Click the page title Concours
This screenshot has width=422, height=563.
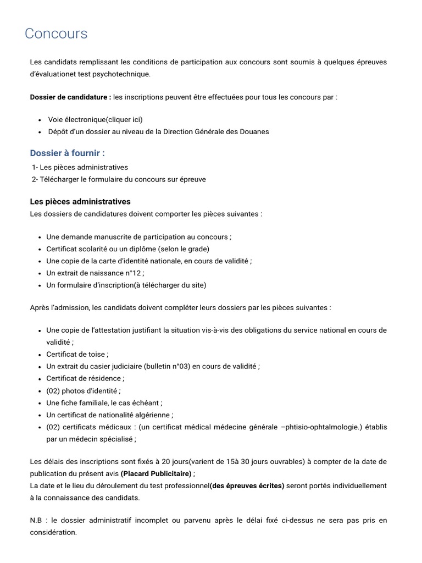pos(56,34)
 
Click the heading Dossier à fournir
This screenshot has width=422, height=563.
pos(67,153)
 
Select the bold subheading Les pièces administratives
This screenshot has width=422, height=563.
pos(80,202)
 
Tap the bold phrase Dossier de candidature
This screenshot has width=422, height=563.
pos(70,97)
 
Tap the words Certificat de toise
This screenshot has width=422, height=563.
pos(77,354)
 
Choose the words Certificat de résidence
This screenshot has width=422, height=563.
pos(85,378)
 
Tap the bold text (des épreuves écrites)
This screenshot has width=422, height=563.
pos(247,486)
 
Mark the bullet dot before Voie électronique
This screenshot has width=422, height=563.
pos(41,120)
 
